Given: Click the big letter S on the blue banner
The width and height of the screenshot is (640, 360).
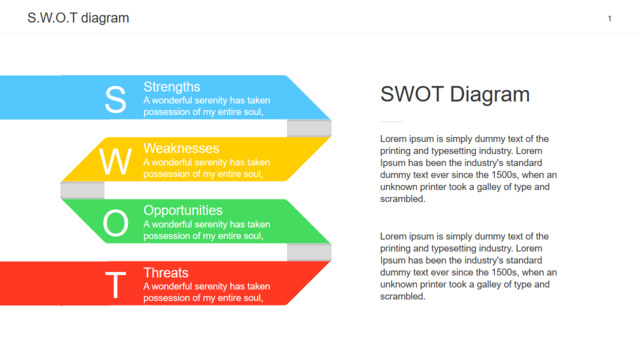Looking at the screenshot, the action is click(x=116, y=99).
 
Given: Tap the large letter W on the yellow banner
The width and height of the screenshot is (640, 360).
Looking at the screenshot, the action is click(x=116, y=162).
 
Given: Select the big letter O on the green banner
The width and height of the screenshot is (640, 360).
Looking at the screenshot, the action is click(x=116, y=223).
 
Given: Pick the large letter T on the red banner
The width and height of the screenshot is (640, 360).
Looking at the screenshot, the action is click(x=116, y=285).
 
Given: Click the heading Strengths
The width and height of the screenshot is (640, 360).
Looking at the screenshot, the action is click(x=172, y=87).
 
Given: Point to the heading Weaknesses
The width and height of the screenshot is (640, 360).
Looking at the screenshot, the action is click(x=181, y=148).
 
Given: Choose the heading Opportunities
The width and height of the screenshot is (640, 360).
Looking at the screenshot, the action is click(x=183, y=211).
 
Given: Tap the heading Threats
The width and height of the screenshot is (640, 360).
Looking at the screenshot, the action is click(x=166, y=273).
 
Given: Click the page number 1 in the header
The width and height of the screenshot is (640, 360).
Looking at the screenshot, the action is click(x=609, y=18).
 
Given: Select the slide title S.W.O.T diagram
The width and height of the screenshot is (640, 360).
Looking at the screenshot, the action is click(x=78, y=18).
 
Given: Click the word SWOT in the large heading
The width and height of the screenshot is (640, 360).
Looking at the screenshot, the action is click(x=412, y=94).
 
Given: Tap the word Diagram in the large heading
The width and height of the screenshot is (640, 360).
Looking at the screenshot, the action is click(x=490, y=95).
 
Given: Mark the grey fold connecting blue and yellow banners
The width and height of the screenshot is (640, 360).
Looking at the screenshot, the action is click(x=309, y=128).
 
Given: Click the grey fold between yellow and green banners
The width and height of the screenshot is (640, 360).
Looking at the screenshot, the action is click(x=82, y=190).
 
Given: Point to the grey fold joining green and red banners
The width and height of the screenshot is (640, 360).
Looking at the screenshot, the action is click(x=309, y=252).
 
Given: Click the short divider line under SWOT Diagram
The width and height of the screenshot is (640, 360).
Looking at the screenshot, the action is click(x=392, y=122).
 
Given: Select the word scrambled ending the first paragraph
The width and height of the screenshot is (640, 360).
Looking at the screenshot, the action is click(x=402, y=199).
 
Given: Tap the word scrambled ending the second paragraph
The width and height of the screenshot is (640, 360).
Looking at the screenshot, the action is click(x=402, y=297).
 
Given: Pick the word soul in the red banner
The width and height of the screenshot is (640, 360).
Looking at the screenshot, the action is click(x=254, y=298).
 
